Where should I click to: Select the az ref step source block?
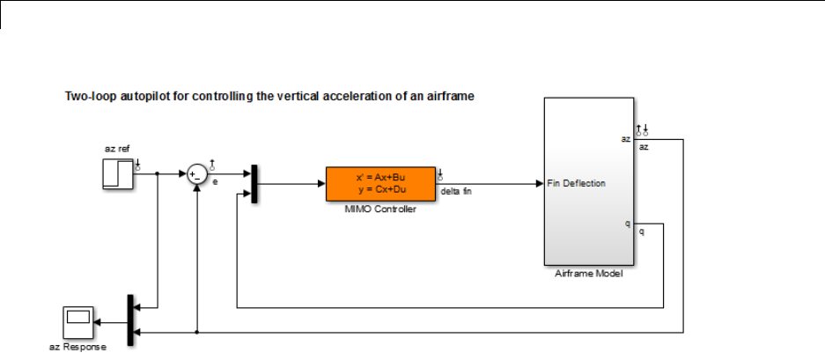coord(118,174)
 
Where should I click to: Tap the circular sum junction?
coord(198,174)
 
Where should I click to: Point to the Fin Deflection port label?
coord(576,183)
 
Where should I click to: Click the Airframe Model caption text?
coord(589,274)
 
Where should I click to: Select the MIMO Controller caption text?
coord(379,209)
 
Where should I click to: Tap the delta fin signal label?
coord(456,191)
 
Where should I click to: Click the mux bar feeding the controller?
coord(254,185)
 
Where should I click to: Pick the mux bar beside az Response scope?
coord(130,322)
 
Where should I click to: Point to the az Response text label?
coord(77,347)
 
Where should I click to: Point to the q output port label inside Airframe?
coord(627,224)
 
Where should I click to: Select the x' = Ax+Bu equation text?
coord(379,177)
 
